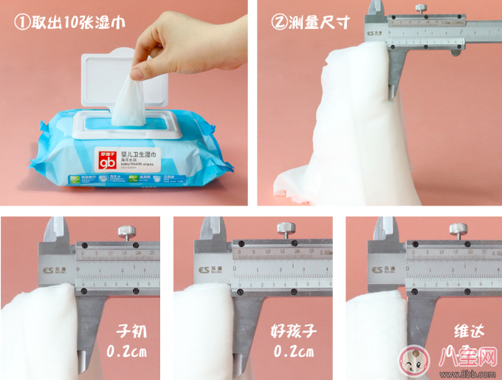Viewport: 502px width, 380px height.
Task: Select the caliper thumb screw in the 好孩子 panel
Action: (x=283, y=230)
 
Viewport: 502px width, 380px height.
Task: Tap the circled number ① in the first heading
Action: (x=21, y=22)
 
